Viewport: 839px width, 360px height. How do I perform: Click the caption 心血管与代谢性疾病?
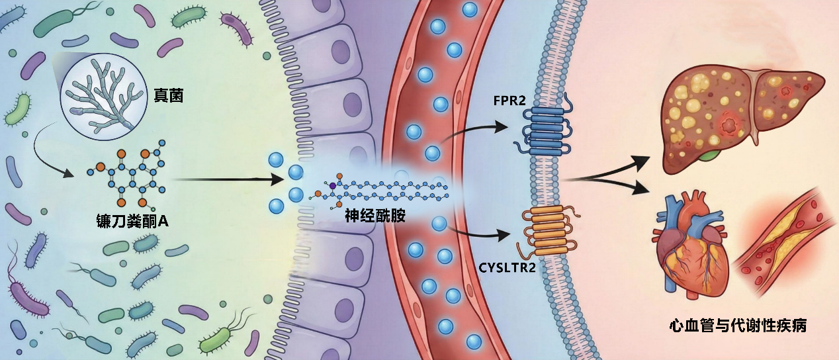(x=737, y=326)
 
